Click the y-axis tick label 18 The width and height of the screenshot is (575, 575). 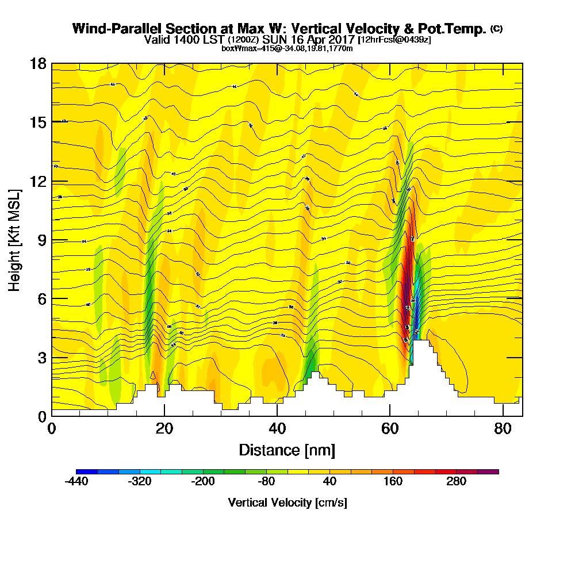coord(38,63)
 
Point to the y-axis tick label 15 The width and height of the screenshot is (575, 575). coord(38,122)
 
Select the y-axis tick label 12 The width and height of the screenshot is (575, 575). coord(38,181)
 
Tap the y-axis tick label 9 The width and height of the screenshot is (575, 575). coord(41,240)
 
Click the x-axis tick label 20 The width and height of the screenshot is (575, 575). coord(164,429)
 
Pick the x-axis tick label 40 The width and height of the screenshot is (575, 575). coord(277,429)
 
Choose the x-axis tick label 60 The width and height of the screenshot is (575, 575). coord(390,429)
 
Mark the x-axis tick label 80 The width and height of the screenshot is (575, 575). coord(503,429)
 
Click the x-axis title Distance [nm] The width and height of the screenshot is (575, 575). coord(287,450)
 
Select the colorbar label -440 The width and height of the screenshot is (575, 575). coord(76,482)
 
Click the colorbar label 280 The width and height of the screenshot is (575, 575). coord(457,482)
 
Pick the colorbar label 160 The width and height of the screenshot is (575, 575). coord(393,482)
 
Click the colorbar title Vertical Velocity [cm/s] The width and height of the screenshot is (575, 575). coord(287,503)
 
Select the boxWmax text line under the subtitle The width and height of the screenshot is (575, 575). coord(287,48)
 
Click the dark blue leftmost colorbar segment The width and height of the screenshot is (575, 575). coord(87,471)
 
